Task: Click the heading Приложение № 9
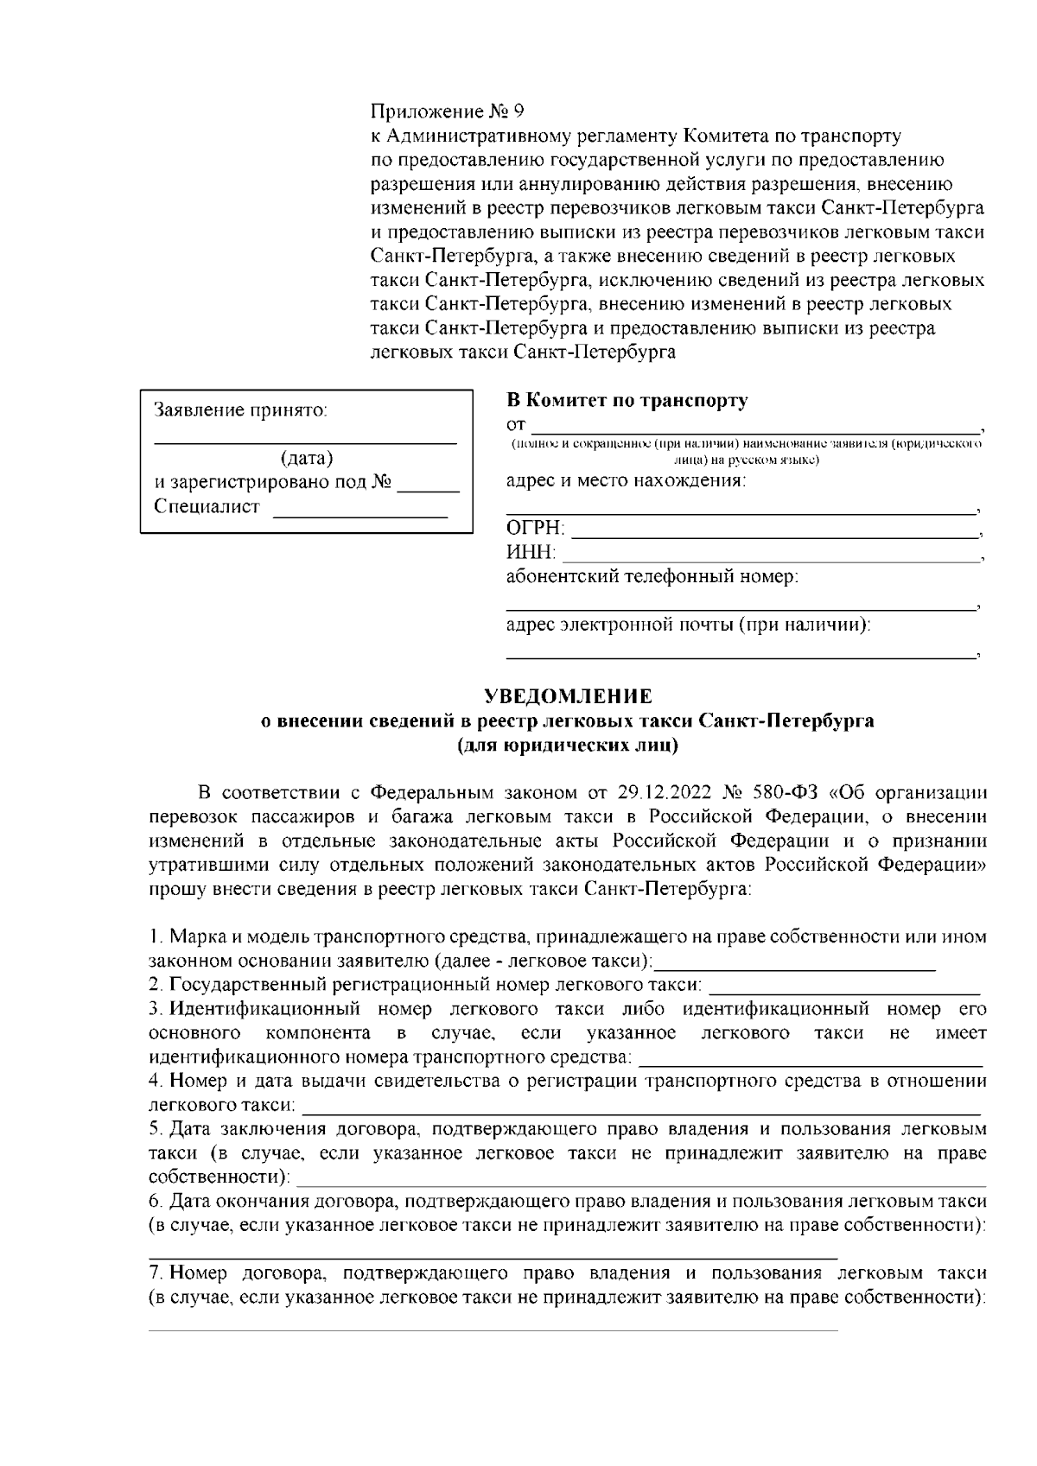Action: click(x=447, y=112)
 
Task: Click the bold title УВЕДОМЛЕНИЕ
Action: click(x=568, y=696)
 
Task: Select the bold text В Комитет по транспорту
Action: click(x=627, y=401)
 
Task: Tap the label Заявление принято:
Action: click(x=241, y=410)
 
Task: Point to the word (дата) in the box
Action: click(x=307, y=458)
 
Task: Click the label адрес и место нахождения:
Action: click(x=626, y=480)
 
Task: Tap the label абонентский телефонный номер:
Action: click(x=652, y=576)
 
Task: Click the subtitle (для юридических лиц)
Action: click(x=568, y=745)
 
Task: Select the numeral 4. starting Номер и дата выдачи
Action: click(x=156, y=1081)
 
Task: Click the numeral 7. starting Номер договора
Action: click(x=156, y=1273)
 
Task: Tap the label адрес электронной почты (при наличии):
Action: click(x=688, y=624)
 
